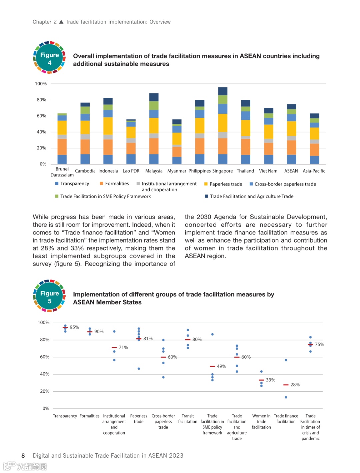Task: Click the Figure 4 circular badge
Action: (49, 58)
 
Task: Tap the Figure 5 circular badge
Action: (49, 296)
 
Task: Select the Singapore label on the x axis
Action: (222, 171)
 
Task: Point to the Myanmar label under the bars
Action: (177, 171)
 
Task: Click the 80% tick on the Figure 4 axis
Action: (41, 100)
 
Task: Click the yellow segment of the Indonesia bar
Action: (108, 126)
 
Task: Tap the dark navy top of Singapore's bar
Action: (223, 91)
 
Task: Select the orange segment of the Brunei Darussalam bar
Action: (62, 147)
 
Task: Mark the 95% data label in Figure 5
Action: (74, 327)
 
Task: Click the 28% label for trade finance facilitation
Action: (295, 385)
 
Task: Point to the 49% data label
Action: (221, 366)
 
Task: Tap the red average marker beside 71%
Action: (114, 348)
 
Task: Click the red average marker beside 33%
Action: (261, 380)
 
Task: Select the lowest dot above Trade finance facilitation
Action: (286, 397)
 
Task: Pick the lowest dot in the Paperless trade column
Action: (139, 369)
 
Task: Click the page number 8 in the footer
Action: (23, 456)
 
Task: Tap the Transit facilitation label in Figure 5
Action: (188, 419)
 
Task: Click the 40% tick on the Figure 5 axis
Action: (45, 374)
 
